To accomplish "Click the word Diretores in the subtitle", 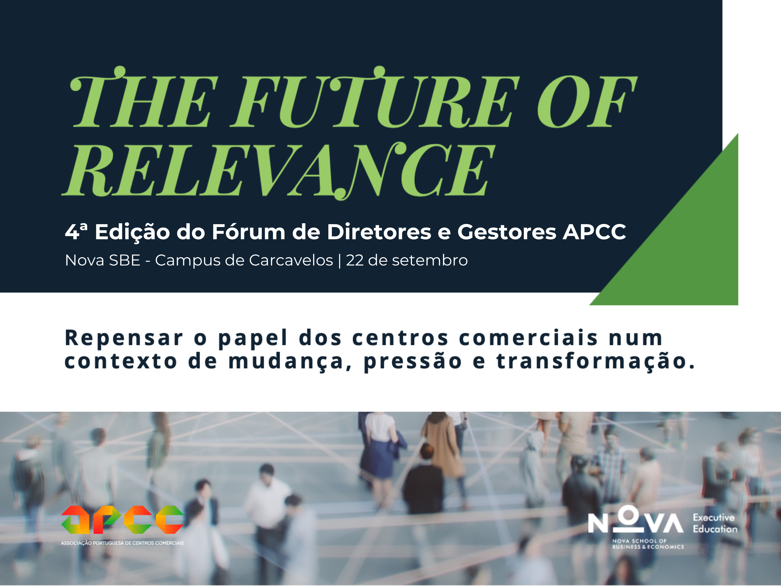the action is coord(379,232).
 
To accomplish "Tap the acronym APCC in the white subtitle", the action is coord(594,232).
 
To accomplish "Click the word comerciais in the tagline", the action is coord(529,338).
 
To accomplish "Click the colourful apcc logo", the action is coord(122,519).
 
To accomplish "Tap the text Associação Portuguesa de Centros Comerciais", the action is coord(122,543).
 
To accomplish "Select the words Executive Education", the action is coord(715,523).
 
